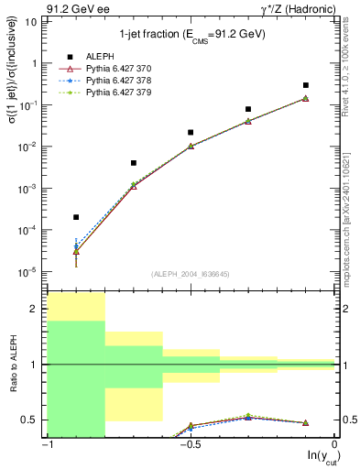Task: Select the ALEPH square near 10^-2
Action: click(191, 132)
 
